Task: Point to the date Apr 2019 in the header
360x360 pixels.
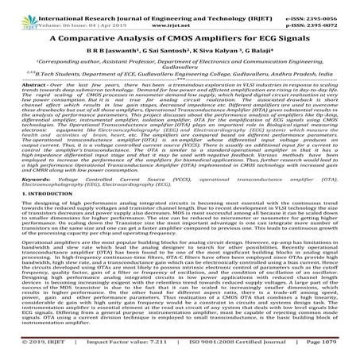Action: pyautogui.click(x=107, y=15)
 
